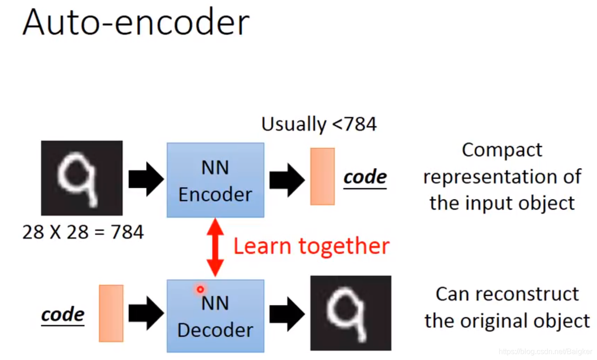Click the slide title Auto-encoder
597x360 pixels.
point(136,22)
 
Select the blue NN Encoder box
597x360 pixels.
point(215,180)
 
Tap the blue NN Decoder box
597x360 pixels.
point(215,316)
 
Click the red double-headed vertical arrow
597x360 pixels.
point(215,247)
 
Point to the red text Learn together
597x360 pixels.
point(311,246)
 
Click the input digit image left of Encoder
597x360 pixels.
point(82,178)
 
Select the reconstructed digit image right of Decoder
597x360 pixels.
point(351,313)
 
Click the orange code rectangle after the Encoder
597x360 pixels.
point(322,176)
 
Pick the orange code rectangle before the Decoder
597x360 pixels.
point(111,313)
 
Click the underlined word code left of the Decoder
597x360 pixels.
point(63,315)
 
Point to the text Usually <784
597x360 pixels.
point(319,124)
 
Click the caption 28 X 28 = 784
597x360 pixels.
point(83,232)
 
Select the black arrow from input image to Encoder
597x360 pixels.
point(146,179)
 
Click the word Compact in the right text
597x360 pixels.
point(502,151)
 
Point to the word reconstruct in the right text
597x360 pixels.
point(523,294)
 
